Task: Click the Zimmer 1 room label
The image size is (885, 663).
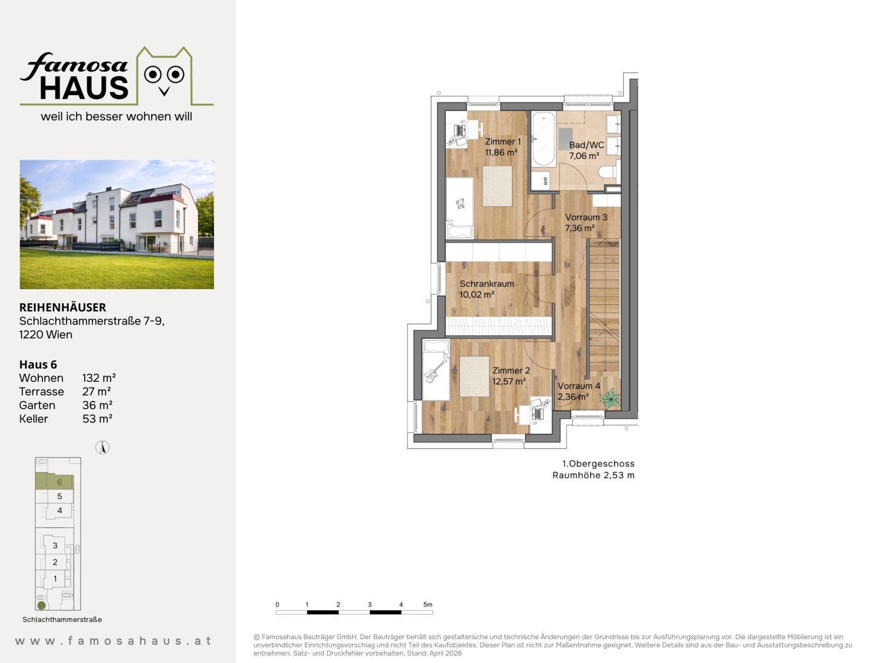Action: click(x=503, y=142)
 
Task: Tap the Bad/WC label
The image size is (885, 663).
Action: click(x=586, y=145)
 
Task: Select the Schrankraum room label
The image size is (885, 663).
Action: click(x=487, y=284)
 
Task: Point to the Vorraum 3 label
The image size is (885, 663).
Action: click(x=586, y=217)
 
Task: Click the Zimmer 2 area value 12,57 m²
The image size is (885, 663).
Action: click(x=509, y=381)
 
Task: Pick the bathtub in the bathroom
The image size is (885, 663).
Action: click(x=543, y=139)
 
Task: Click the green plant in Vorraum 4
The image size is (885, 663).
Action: click(x=610, y=398)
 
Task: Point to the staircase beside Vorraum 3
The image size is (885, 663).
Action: click(x=604, y=306)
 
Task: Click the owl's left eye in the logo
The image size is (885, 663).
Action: click(x=153, y=74)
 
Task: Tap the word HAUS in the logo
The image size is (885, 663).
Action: click(x=84, y=88)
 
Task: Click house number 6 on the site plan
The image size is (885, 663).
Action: click(x=60, y=483)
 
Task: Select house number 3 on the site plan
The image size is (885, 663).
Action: click(x=55, y=546)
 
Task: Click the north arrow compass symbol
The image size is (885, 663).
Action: click(x=103, y=448)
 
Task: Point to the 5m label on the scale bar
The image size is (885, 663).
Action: click(x=428, y=605)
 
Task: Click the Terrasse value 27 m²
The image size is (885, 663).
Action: click(x=96, y=392)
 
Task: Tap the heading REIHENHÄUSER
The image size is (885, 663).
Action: click(x=63, y=308)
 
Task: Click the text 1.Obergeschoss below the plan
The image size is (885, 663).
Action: click(x=599, y=463)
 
